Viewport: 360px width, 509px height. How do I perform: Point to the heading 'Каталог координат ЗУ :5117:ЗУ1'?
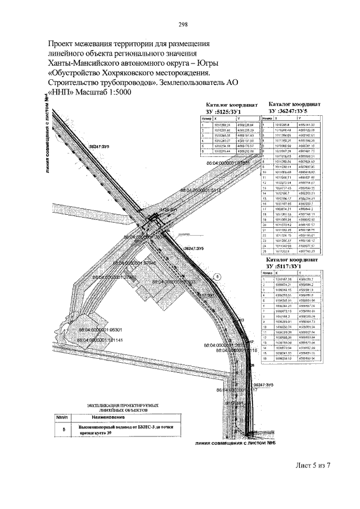point(294,262)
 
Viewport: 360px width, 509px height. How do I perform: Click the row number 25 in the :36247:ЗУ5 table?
point(263,251)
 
